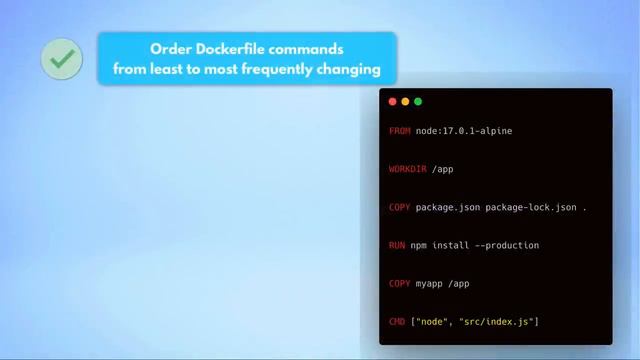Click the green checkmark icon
[x=62, y=59]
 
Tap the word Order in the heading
[x=170, y=48]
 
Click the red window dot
[x=392, y=101]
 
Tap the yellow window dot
[x=405, y=101]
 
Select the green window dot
[x=418, y=101]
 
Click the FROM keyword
[x=400, y=131]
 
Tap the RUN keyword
[x=397, y=245]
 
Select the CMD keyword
[x=397, y=321]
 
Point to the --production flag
[x=506, y=245]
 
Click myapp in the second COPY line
[x=430, y=283]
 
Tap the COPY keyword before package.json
[x=400, y=207]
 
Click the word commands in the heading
[x=312, y=48]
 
